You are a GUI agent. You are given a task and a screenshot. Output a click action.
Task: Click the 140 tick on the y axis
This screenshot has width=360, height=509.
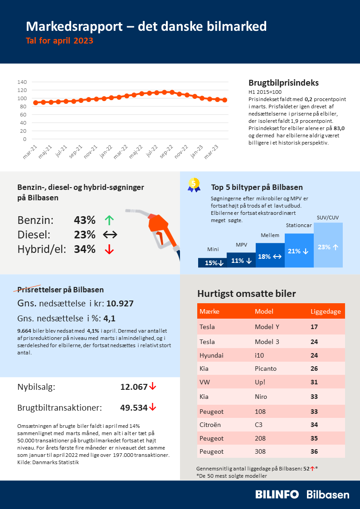(x=22, y=82)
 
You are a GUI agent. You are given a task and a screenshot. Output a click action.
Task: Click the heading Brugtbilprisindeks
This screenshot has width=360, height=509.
(x=283, y=83)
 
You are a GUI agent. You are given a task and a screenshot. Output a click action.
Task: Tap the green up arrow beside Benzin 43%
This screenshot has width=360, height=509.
(x=109, y=221)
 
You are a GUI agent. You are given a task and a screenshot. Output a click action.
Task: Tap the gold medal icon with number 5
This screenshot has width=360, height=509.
(x=194, y=184)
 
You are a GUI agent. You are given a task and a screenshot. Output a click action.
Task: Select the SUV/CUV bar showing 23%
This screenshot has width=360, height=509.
(x=328, y=245)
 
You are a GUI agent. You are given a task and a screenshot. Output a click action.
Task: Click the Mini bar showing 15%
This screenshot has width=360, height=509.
(x=212, y=262)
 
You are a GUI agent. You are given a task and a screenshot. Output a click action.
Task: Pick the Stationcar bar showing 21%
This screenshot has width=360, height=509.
(x=299, y=251)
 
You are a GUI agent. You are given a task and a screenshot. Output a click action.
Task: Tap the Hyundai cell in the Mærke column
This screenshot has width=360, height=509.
(x=211, y=355)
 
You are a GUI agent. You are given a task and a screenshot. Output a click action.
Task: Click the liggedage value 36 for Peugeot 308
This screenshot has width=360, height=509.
(x=314, y=451)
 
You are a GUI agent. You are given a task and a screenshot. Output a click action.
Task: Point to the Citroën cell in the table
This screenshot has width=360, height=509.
(x=210, y=425)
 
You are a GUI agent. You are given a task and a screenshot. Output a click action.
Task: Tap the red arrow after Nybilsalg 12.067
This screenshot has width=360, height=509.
(x=153, y=387)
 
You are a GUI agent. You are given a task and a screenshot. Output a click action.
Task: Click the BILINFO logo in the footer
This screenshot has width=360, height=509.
(x=277, y=494)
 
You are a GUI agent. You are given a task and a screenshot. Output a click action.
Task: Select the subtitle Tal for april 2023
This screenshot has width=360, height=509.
(x=59, y=41)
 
